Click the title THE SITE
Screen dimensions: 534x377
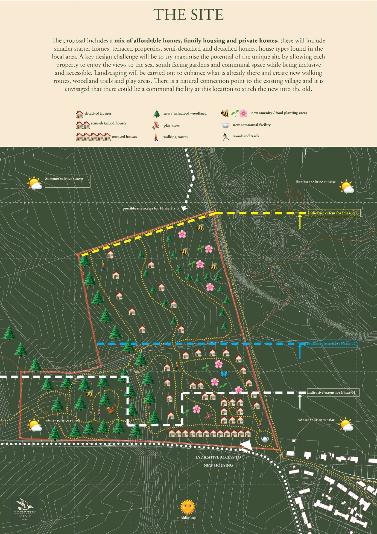coord(188,14)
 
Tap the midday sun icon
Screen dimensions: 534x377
coord(188,507)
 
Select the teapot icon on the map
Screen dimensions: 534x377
coord(265,439)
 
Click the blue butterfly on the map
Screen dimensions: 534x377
coord(224,374)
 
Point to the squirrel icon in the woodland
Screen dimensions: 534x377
coord(110,410)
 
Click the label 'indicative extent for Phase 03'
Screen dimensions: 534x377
coord(334,213)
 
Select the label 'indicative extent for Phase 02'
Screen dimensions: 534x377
coord(332,344)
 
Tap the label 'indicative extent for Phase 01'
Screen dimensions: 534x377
coord(333,393)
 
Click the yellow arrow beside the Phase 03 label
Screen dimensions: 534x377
coord(300,221)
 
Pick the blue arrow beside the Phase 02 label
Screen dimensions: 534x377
coord(300,352)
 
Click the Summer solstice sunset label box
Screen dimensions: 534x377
coord(68,181)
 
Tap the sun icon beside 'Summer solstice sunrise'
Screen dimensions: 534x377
coord(346,187)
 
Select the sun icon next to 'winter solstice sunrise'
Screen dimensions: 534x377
coord(346,424)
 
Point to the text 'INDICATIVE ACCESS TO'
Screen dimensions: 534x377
coord(218,457)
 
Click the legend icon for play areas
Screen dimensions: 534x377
coord(156,125)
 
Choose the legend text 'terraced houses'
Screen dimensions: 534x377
coord(124,137)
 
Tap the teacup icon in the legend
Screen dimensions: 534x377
coord(225,125)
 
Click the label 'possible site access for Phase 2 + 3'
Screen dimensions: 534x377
coord(150,208)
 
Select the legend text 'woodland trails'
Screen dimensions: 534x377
coord(246,136)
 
